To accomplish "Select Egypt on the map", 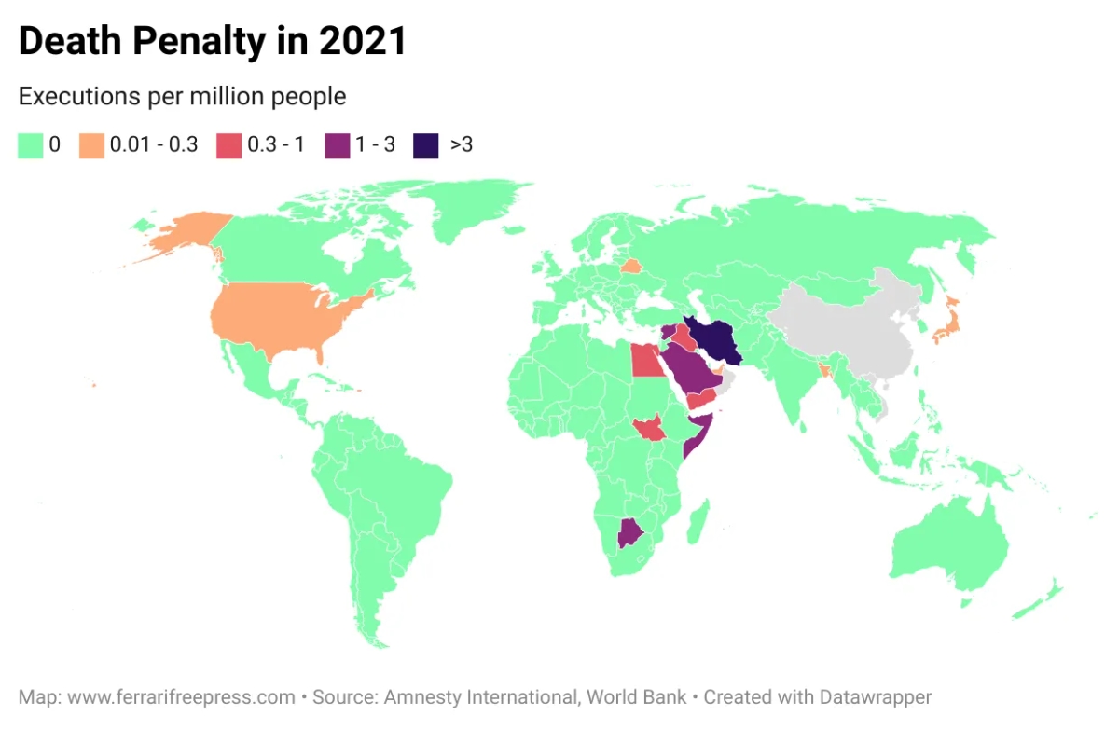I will pos(644,360).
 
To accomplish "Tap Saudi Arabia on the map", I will pos(690,368).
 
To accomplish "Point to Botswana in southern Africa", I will pos(631,534).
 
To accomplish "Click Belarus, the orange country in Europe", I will pos(631,267).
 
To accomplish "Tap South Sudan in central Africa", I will pos(647,430).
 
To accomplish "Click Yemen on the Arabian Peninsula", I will pos(701,400).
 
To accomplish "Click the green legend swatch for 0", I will pos(31,145).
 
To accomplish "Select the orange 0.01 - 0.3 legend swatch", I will pos(91,145).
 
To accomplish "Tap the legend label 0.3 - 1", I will pos(275,145).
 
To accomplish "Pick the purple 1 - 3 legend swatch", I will pos(337,145).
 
